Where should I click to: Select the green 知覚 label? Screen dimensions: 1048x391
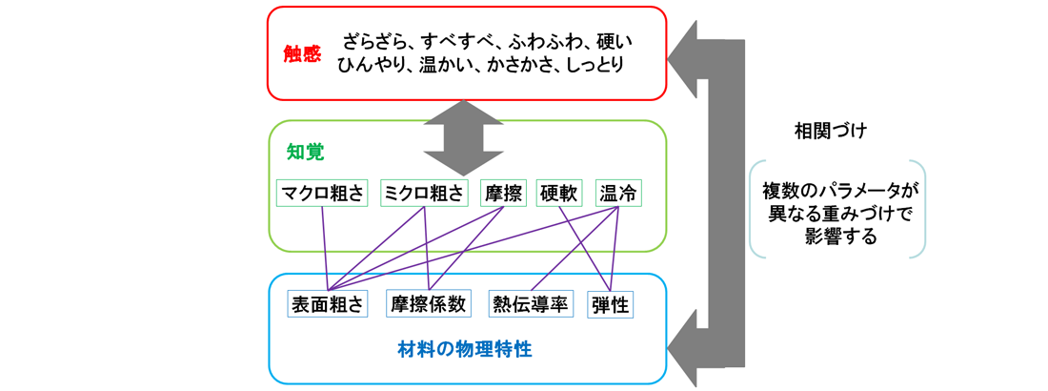pos(306,152)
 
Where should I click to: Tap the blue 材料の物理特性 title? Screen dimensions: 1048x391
pos(466,349)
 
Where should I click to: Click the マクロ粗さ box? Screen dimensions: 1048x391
pos(323,194)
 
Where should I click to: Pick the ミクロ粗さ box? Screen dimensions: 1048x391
pos(424,194)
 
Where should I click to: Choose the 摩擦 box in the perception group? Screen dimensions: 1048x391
pos(504,194)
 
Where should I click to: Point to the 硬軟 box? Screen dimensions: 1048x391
pos(561,194)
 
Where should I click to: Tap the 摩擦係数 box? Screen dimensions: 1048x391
pos(428,304)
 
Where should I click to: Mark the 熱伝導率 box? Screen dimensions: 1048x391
pos(530,304)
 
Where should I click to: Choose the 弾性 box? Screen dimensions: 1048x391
pos(610,304)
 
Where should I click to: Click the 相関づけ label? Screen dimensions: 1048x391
pos(830,131)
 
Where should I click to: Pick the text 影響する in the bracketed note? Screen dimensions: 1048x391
pos(841,237)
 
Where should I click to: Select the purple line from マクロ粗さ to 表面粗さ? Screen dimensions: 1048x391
pos(325,248)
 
